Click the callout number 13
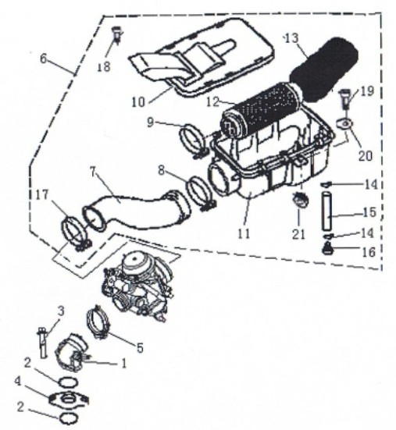coord(291,38)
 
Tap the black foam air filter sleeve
coord(325,70)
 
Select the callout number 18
coord(104,66)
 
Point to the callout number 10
coord(138,102)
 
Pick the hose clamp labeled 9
coord(194,141)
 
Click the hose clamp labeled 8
coord(202,194)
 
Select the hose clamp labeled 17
coord(76,233)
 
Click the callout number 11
coord(244,233)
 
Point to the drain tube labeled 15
coord(326,211)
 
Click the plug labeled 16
coord(326,248)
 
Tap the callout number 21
coord(298,234)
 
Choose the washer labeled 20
coord(344,123)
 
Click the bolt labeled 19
coord(344,99)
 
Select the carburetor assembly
coord(138,290)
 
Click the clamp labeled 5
coord(98,323)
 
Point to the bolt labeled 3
coord(42,343)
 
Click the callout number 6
coord(43,59)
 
